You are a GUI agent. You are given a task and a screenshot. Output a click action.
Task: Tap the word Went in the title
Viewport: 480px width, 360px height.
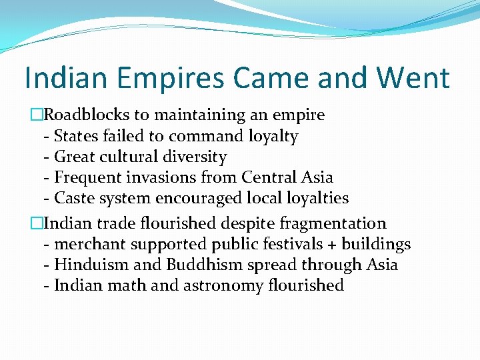pos(413,78)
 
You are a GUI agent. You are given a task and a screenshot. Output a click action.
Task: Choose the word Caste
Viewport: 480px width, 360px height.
pos(74,199)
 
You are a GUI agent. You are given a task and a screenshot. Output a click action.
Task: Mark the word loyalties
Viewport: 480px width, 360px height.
pos(313,199)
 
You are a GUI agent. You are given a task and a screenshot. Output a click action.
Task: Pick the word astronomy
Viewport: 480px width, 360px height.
pos(217,286)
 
